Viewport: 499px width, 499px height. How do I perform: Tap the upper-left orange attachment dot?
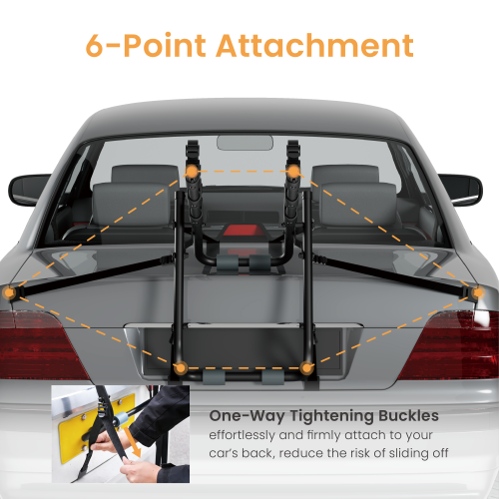(x=192, y=173)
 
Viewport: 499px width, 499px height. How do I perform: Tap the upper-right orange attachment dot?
(x=294, y=173)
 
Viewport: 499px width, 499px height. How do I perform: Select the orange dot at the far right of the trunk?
(x=478, y=292)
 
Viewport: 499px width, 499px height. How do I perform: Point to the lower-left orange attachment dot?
(x=180, y=367)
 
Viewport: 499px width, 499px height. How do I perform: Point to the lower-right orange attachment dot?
(x=305, y=367)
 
